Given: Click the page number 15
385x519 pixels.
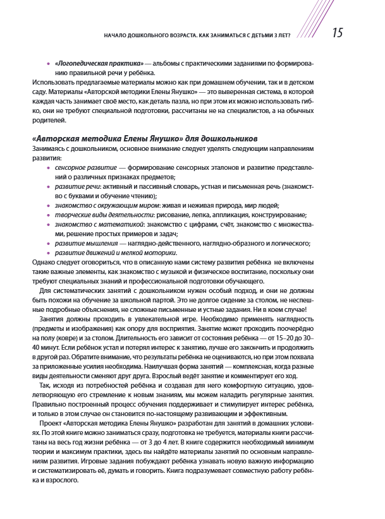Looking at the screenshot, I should (x=338, y=33).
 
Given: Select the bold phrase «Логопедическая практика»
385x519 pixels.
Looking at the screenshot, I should (x=98, y=64).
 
